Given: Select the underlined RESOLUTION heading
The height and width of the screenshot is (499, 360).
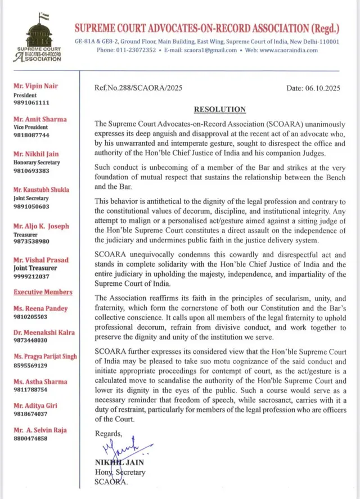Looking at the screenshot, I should (219, 109).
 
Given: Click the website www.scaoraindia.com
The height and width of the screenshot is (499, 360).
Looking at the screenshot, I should (289, 50).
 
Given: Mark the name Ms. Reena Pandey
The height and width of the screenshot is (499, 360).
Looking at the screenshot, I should (42, 308).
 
